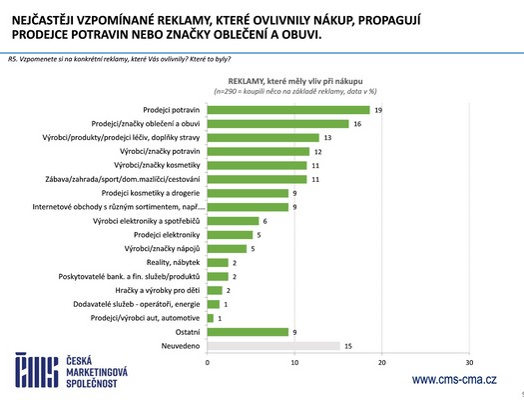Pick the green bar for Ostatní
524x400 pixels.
click(x=247, y=332)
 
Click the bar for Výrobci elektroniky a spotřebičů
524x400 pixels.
click(x=233, y=220)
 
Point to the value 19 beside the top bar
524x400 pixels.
click(x=380, y=109)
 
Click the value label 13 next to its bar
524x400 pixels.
click(x=327, y=137)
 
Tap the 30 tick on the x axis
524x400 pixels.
click(x=469, y=361)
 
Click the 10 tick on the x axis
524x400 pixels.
click(x=294, y=361)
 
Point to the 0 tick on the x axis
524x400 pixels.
click(x=207, y=361)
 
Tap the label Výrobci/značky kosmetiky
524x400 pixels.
click(x=154, y=165)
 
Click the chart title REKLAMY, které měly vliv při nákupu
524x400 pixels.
click(x=292, y=77)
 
